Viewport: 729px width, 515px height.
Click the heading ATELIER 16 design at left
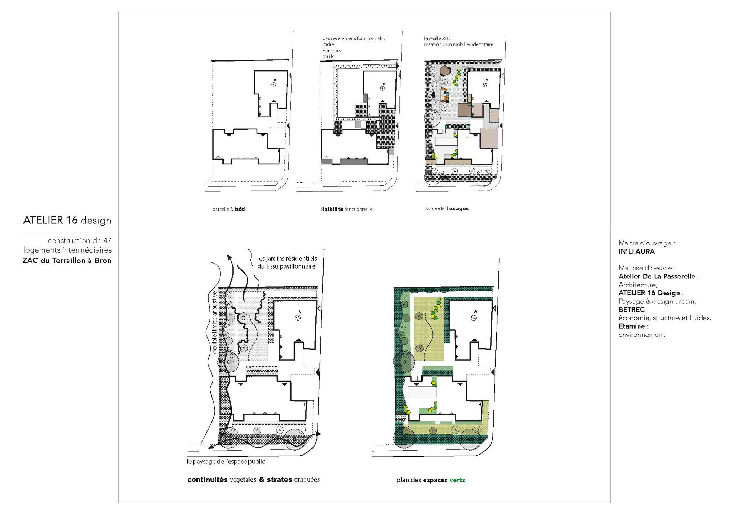[x=67, y=221]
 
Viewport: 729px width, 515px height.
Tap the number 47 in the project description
[x=107, y=240]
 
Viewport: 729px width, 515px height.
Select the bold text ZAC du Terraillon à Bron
[x=67, y=260]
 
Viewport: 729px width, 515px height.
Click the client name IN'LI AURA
[x=636, y=251]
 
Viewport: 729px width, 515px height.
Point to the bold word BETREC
[x=631, y=309]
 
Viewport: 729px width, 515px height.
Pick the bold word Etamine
[x=632, y=326]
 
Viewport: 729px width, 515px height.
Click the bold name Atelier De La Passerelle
[x=657, y=276]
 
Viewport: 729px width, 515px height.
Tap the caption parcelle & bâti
[x=229, y=209]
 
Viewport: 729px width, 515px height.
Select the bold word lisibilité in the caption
[x=332, y=209]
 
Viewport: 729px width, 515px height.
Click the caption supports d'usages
[x=447, y=208]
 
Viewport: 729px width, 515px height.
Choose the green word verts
[x=457, y=480]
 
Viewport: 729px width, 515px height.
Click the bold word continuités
[x=207, y=479]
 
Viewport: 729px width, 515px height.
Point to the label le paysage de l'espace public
[x=226, y=461]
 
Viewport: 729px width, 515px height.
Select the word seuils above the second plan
[x=328, y=57]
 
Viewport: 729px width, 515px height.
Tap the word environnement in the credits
[x=642, y=335]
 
